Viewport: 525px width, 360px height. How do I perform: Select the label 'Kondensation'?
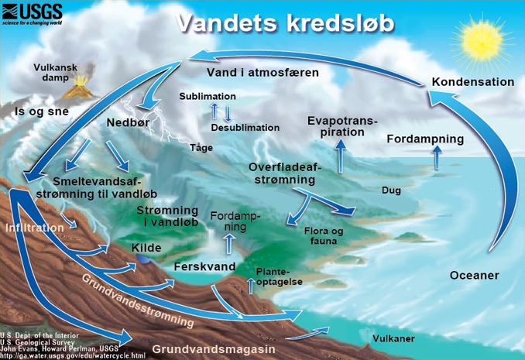tap(472, 82)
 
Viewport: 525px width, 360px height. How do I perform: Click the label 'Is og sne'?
tap(38, 112)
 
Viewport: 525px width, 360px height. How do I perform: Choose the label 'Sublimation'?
tap(207, 96)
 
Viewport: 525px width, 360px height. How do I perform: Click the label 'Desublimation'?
tap(245, 128)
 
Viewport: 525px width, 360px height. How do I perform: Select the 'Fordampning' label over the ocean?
tap(425, 139)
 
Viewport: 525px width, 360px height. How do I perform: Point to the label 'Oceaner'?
tap(474, 276)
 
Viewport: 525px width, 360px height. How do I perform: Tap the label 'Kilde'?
tap(146, 248)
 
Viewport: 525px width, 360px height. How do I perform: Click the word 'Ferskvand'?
tap(204, 266)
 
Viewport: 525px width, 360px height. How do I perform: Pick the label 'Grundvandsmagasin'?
tap(213, 350)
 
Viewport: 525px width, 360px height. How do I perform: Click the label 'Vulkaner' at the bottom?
tap(393, 338)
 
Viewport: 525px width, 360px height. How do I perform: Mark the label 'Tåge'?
tap(201, 147)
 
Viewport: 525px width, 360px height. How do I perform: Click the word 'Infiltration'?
tap(35, 228)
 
